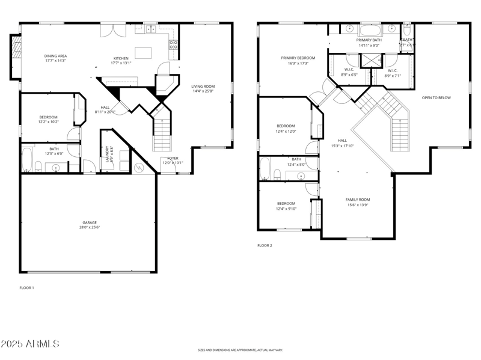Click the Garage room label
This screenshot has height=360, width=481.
89,225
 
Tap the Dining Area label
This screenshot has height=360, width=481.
55,58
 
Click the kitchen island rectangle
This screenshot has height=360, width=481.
143,53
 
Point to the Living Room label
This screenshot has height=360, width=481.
202,88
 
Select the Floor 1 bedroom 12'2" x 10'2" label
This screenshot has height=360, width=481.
48,119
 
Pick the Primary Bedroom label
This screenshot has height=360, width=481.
298,60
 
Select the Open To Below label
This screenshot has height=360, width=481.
436,97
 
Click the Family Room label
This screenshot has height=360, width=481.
357,202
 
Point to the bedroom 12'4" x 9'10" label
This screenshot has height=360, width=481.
286,206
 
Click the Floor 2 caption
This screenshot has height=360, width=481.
265,246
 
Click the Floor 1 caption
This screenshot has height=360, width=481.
27,288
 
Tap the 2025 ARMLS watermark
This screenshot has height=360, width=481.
30,344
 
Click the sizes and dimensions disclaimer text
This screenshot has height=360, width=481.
240,350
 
